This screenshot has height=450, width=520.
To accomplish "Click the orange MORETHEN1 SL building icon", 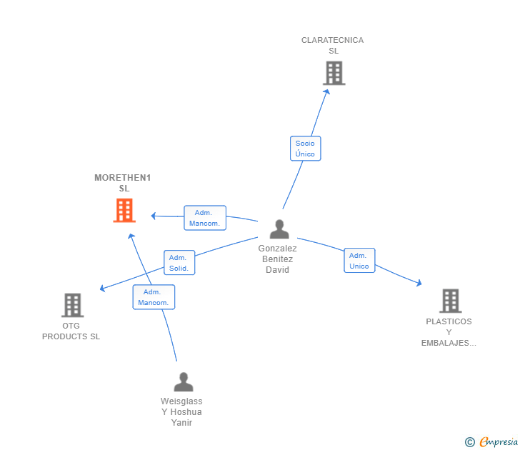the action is [124, 210].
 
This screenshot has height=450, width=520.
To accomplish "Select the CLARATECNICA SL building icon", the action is [334, 73].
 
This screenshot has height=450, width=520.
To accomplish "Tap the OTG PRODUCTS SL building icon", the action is [73, 305].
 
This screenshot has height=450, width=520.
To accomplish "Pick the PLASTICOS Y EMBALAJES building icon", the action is [450, 301].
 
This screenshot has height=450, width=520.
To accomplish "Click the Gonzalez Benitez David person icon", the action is [279, 229].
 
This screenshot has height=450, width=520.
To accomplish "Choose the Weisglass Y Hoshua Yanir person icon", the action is [184, 381].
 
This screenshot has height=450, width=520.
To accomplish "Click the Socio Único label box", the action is [306, 149].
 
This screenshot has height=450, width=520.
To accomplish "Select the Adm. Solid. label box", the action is [179, 263].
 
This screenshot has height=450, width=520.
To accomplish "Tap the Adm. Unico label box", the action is [359, 261].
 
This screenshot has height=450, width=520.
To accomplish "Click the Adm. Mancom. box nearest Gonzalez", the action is [205, 218].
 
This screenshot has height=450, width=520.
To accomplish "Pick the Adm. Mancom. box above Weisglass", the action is [154, 297].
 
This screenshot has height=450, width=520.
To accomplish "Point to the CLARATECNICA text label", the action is [332, 40].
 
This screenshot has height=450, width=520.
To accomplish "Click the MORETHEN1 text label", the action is [123, 178].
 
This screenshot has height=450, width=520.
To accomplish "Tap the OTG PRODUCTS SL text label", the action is [71, 331].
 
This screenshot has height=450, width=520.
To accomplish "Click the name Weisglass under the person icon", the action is [181, 401].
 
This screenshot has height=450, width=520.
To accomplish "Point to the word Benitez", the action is [278, 259].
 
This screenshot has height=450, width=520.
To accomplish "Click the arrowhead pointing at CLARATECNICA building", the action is [327, 92].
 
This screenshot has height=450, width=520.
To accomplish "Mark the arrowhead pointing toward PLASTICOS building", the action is [419, 283].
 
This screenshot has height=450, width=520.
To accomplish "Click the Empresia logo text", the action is [499, 441].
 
